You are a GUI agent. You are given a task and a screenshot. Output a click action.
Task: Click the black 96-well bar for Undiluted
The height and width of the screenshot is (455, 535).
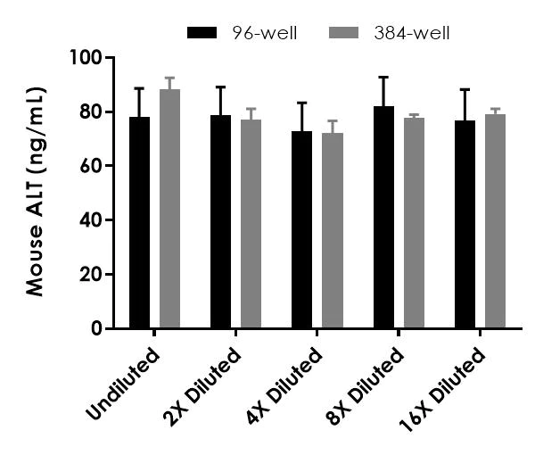pos(139,223)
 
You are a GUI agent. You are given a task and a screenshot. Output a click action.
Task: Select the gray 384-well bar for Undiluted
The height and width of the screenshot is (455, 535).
pos(169,210)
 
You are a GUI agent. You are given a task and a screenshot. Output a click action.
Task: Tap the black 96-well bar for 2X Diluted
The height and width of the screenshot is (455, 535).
pos(220,222)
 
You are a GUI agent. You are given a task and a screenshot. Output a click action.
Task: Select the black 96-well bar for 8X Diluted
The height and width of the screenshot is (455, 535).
pos(383,218)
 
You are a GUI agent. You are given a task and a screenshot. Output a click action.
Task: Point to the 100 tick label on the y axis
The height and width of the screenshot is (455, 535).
pos(87,58)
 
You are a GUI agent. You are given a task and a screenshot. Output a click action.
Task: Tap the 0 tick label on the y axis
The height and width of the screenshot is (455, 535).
pos(97,328)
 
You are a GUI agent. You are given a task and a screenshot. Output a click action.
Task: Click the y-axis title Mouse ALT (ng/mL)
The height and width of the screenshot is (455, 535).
pos(35,192)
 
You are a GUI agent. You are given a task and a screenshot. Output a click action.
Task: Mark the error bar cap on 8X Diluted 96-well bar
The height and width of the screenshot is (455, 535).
pos(383,78)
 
